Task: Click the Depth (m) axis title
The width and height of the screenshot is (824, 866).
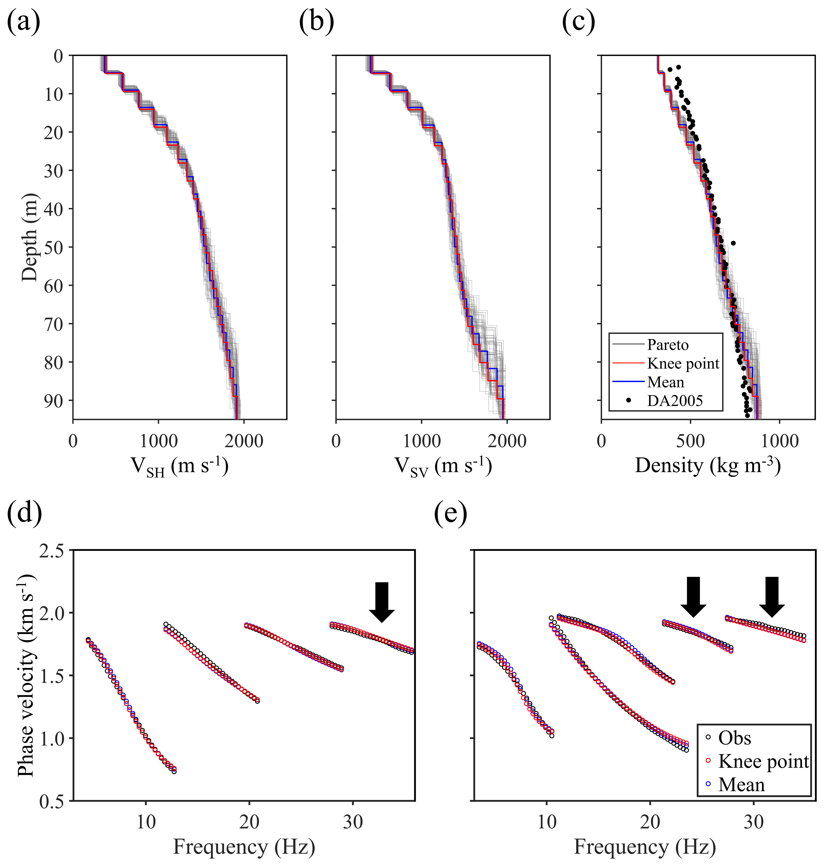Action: (x=30, y=237)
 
